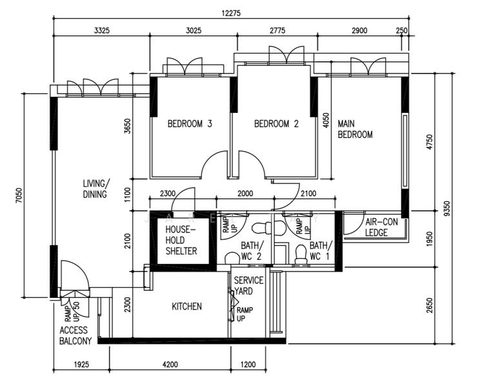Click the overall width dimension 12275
231,13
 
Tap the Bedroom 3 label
190,124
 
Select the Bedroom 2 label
276,124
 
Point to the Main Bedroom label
355,129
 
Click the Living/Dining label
95,189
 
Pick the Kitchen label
186,306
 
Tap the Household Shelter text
181,240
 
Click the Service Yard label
248,286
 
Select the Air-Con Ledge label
381,227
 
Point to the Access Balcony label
75,335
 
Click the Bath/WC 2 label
251,251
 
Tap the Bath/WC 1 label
321,251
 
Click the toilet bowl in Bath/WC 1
301,254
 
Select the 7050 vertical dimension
19,195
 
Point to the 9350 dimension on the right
447,208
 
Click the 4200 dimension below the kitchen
170,364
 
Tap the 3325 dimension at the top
101,30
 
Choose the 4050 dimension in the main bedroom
326,121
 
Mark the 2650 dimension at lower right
430,305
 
